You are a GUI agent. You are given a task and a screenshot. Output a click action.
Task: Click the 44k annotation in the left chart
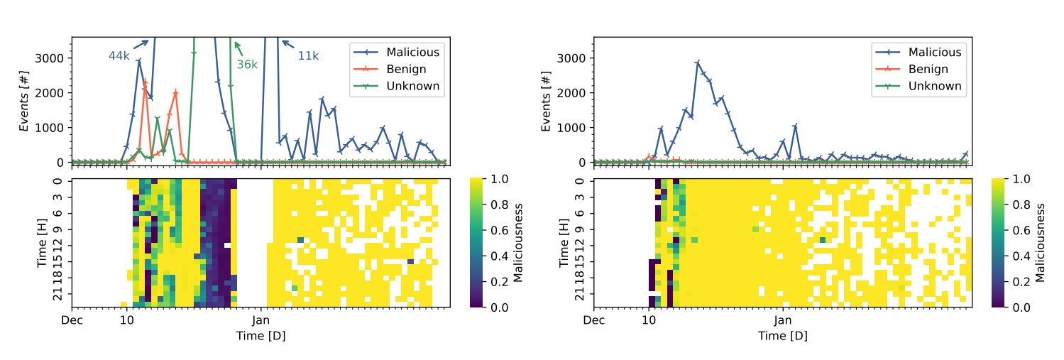[x=119, y=56]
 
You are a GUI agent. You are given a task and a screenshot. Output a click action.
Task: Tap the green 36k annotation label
[x=247, y=65]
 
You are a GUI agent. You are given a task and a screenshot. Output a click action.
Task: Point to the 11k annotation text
[x=308, y=56]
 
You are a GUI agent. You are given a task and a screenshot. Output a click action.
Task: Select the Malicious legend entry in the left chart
[x=397, y=53]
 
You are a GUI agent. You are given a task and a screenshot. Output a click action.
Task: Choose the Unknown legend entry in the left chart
[x=397, y=86]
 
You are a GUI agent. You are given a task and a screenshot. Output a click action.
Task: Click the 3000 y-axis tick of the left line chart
[x=49, y=58]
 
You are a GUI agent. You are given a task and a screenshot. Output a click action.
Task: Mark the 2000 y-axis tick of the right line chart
[x=571, y=93]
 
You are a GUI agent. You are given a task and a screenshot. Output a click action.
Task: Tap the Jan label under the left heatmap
[x=260, y=320]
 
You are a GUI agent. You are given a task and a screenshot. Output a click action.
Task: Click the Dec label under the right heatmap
[x=593, y=320]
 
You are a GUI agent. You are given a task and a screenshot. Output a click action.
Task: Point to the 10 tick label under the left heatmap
[x=127, y=320]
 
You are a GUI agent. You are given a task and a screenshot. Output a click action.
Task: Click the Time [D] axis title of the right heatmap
[x=783, y=337]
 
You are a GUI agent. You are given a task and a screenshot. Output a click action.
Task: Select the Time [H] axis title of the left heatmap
[x=43, y=243]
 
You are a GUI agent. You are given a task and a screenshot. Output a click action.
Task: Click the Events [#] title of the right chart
[x=547, y=101]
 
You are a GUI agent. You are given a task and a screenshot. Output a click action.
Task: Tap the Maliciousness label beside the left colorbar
[x=517, y=243]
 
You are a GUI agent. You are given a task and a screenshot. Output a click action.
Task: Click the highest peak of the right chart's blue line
[x=698, y=62]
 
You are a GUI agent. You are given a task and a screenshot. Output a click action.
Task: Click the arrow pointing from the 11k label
[x=288, y=45]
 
